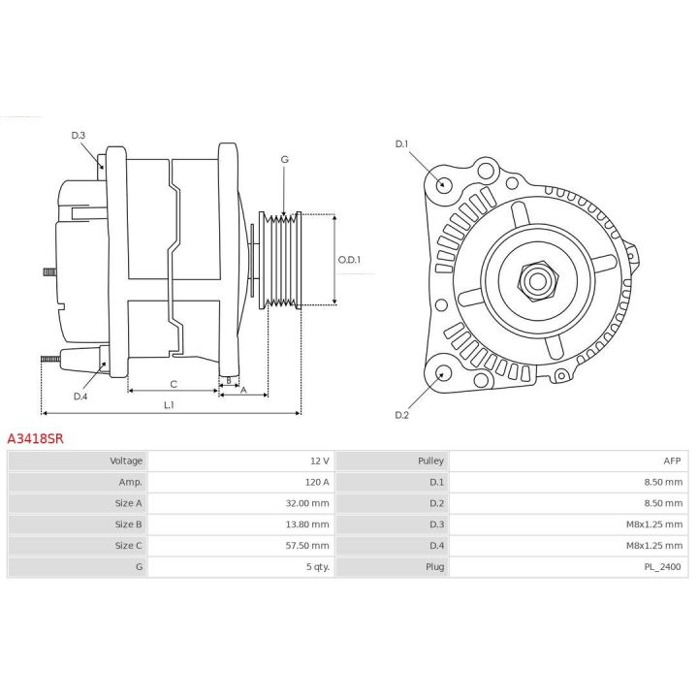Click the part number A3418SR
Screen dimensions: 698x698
click(x=35, y=439)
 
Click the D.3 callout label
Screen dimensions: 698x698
click(x=79, y=135)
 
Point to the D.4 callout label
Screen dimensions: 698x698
click(x=80, y=396)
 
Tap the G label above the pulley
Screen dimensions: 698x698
click(x=284, y=159)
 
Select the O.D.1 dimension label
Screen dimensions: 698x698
click(x=349, y=260)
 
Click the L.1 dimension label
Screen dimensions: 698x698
click(x=169, y=404)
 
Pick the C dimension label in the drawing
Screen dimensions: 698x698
click(x=173, y=384)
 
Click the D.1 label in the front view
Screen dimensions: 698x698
click(x=402, y=144)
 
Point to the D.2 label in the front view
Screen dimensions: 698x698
click(x=402, y=415)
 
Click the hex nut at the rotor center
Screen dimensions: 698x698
click(x=535, y=280)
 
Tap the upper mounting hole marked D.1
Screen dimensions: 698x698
click(x=444, y=184)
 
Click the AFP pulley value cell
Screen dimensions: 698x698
click(x=675, y=460)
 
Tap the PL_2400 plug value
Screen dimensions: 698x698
click(x=666, y=566)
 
